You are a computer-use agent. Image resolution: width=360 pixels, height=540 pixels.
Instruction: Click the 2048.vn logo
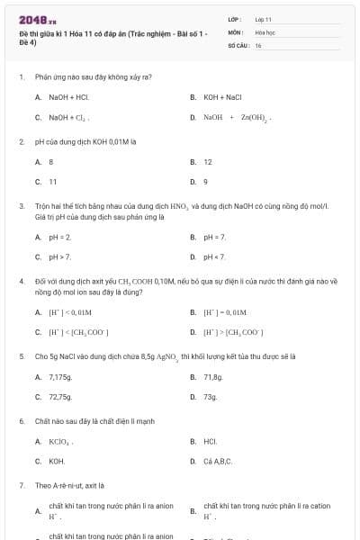pyautogui.click(x=38, y=19)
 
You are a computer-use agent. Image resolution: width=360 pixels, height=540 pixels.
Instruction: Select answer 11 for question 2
pyautogui.click(x=53, y=182)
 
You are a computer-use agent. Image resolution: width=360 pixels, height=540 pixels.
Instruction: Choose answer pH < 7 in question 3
pyautogui.click(x=215, y=256)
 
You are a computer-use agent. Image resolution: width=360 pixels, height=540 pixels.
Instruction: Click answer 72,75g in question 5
pyautogui.click(x=60, y=396)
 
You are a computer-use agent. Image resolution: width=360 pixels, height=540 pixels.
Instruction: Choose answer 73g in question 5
pyautogui.click(x=211, y=396)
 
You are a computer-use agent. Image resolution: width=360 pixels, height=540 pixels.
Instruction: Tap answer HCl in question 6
pyautogui.click(x=210, y=441)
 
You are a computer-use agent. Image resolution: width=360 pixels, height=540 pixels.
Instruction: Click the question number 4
pyautogui.click(x=21, y=281)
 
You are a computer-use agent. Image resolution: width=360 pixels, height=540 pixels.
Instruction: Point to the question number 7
pyautogui.click(x=21, y=484)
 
